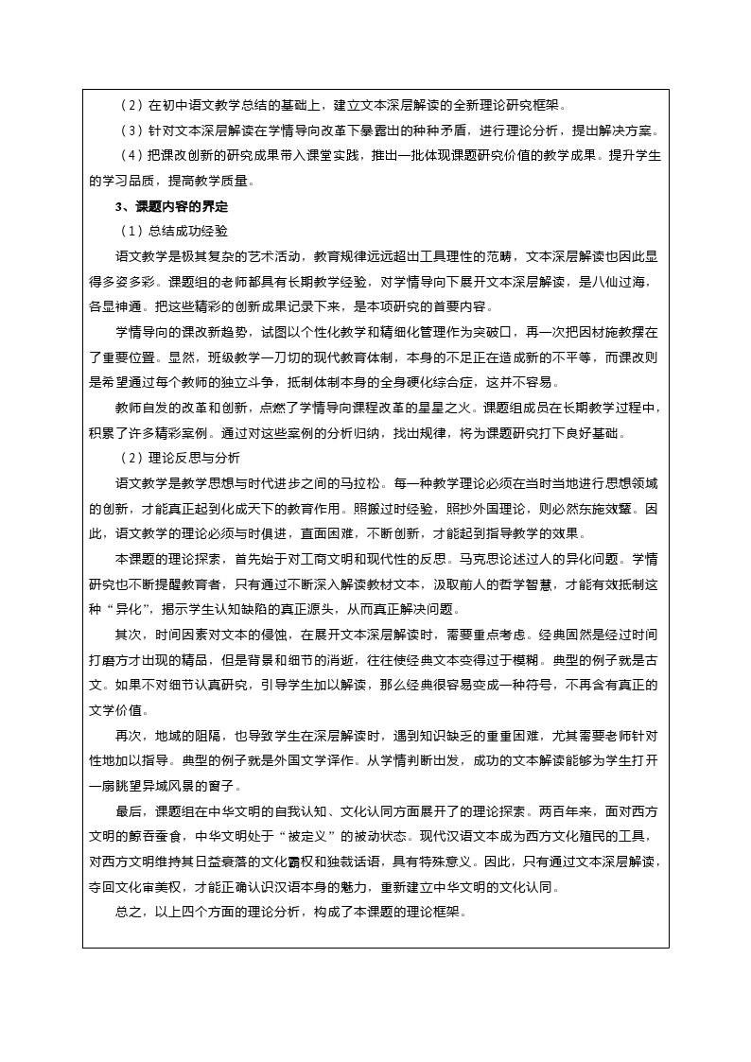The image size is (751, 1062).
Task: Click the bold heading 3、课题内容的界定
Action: click(x=171, y=205)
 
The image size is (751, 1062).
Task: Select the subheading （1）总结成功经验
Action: click(x=172, y=231)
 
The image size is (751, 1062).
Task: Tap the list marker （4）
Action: click(x=130, y=155)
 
